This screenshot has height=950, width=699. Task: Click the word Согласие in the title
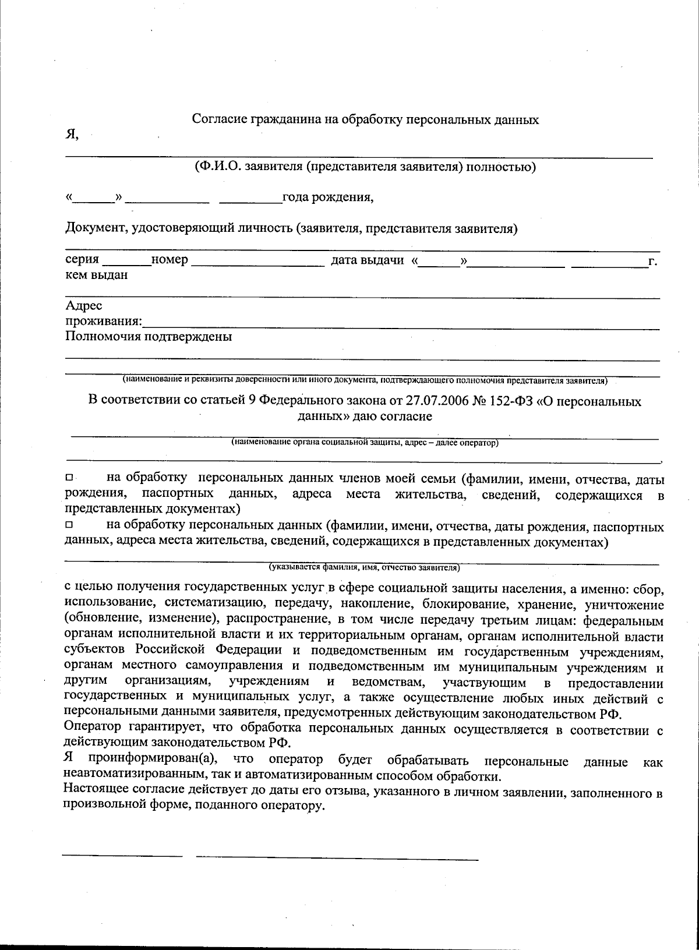pos(220,120)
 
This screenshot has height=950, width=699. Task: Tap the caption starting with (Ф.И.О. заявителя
pos(365,168)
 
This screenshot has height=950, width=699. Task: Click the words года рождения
pos(328,197)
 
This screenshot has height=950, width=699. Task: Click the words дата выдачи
pos(368,260)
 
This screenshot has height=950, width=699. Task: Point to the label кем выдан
pos(96,276)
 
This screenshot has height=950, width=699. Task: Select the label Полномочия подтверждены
pos(149,337)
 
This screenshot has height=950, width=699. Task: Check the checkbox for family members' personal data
pos(69,478)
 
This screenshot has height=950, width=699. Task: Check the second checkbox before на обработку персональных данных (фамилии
pos(69,525)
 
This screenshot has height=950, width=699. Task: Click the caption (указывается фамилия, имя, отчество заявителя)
pos(364,567)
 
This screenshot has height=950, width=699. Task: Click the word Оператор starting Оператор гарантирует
pos(93,727)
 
